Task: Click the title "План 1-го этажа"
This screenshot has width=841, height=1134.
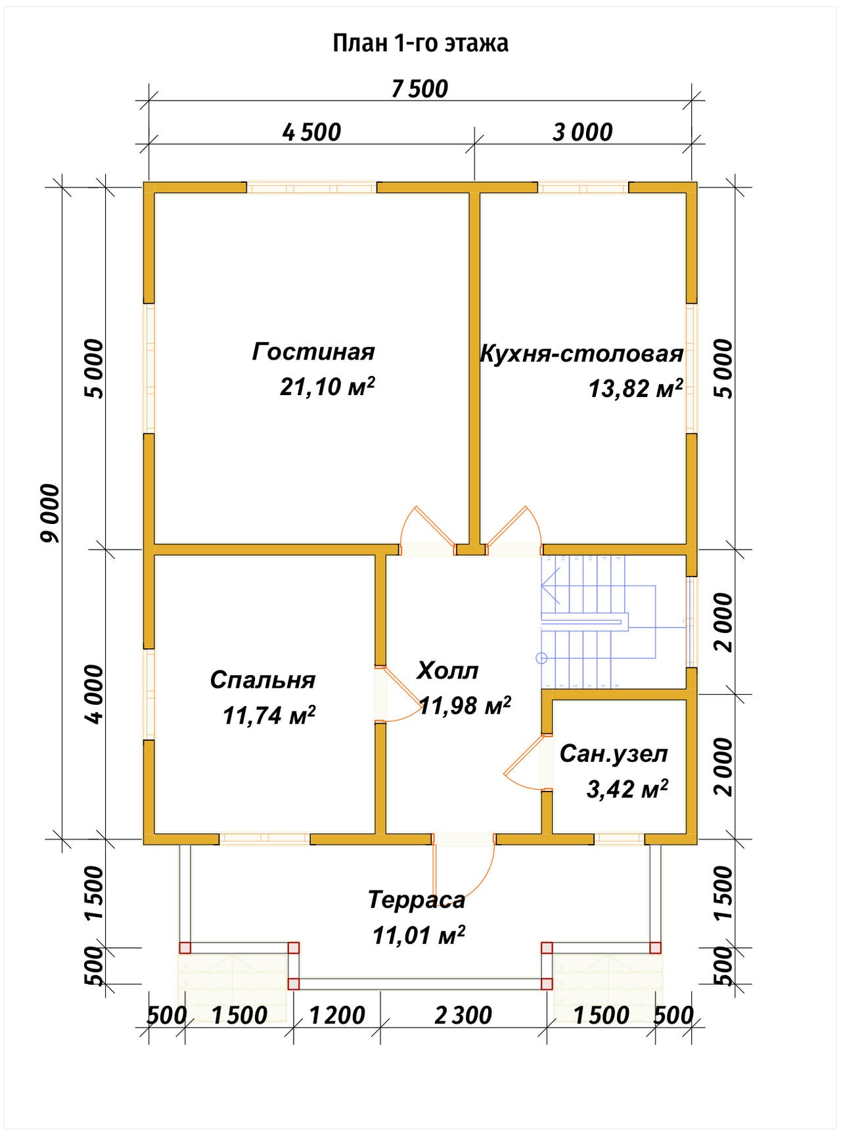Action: coord(420,43)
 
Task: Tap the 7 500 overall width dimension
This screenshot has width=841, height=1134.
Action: coord(420,89)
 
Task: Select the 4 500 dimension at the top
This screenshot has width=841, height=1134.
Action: coord(311,132)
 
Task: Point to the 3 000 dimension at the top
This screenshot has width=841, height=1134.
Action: coord(582,132)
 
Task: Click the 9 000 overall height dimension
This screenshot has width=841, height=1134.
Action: coord(50,513)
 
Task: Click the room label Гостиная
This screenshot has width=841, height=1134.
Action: coord(313,352)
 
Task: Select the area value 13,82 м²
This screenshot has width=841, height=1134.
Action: coord(635,389)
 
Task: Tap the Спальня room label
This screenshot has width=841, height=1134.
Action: coord(263,680)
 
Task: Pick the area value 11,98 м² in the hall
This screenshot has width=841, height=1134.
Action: coord(465,705)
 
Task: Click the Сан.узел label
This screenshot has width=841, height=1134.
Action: coord(614,754)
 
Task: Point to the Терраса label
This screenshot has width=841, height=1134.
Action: coord(417,899)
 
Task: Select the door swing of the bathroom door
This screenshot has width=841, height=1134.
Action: coord(522,763)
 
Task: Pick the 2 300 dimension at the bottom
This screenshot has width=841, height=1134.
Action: coord(463,1016)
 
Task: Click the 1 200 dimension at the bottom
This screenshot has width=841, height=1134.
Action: coord(336,1016)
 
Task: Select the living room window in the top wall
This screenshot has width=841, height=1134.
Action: coord(311,188)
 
